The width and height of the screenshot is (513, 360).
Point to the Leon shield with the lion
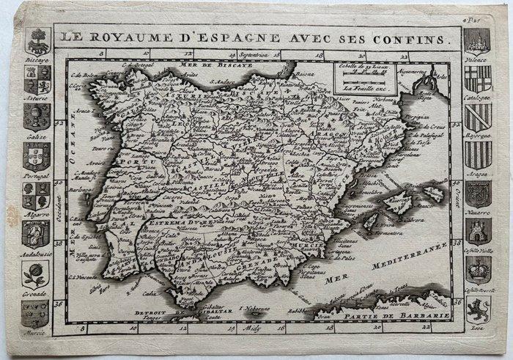pyautogui.click(x=478, y=308)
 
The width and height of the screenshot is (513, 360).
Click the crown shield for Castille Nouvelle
pyautogui.click(x=478, y=270)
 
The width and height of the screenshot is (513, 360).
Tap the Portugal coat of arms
pyautogui.click(x=36, y=155)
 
